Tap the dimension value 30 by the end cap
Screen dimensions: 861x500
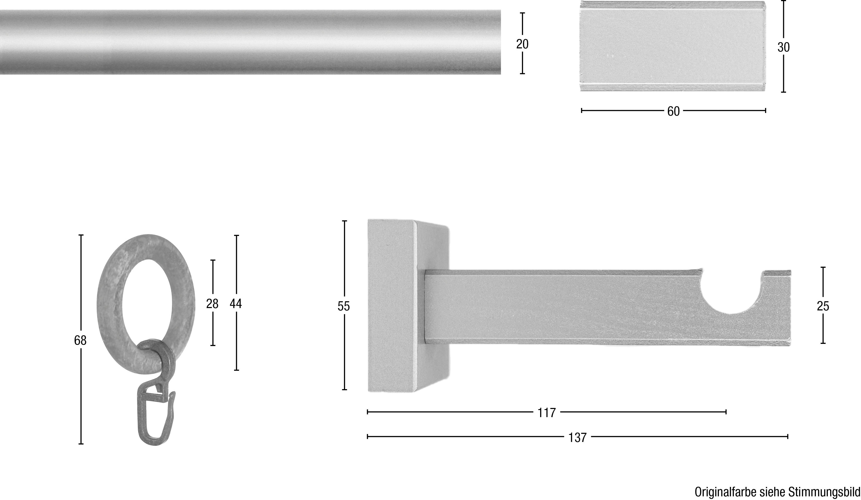783,47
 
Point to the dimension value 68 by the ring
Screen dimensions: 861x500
80,340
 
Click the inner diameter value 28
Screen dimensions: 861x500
212,303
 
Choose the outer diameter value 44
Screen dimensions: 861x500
236,303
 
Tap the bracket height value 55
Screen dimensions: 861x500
344,306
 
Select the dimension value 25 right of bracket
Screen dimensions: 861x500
823,306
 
